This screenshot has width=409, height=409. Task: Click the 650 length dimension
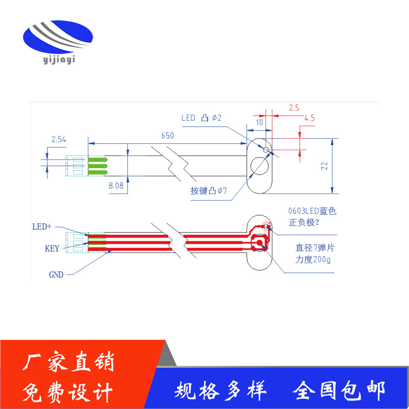click(x=168, y=135)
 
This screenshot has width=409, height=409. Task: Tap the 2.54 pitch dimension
click(x=59, y=139)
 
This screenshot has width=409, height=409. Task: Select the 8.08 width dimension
click(x=116, y=187)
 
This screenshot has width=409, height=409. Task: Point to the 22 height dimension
click(x=324, y=166)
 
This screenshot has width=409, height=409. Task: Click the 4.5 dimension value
click(x=309, y=118)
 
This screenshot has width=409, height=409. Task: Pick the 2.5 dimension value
click(x=294, y=107)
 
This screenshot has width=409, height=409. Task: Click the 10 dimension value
click(x=260, y=122)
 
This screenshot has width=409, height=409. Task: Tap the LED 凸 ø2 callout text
click(x=201, y=118)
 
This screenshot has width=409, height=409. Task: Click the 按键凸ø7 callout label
click(x=209, y=191)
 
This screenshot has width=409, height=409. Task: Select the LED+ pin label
click(x=42, y=226)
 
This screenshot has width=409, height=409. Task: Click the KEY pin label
click(x=52, y=249)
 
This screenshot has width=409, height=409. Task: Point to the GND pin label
click(x=56, y=275)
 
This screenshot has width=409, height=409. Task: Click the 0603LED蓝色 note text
click(x=312, y=211)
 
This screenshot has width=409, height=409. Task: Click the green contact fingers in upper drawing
click(x=97, y=166)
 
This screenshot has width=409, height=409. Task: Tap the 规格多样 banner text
click(x=221, y=391)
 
